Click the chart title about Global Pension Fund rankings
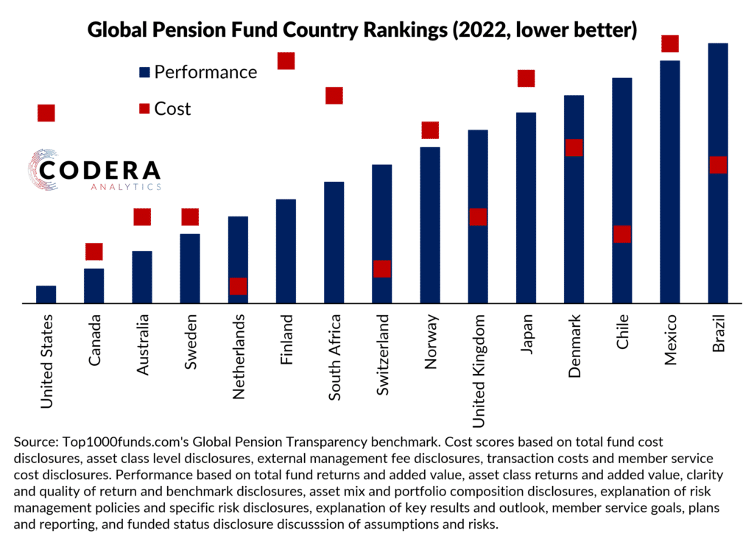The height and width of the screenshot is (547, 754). click(x=362, y=30)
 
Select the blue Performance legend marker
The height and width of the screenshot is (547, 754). click(x=144, y=72)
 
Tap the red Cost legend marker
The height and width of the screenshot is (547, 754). click(x=144, y=109)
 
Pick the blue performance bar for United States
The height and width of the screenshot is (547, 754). click(x=46, y=294)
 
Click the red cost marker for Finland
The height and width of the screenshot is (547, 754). click(x=286, y=61)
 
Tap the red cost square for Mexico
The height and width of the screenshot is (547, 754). click(x=669, y=43)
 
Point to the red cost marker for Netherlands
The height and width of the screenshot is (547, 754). click(x=238, y=286)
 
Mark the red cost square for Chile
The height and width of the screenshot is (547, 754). click(x=622, y=233)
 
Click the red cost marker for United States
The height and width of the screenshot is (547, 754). click(x=46, y=113)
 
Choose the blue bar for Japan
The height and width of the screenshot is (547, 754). click(x=526, y=207)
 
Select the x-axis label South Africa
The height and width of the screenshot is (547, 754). click(x=334, y=357)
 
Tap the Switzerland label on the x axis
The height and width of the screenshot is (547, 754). click(x=382, y=356)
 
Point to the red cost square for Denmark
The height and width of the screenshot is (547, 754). click(x=574, y=147)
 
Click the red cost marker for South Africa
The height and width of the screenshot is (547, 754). click(x=334, y=96)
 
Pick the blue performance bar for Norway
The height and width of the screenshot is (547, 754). click(x=430, y=225)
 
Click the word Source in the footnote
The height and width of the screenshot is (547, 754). click(x=33, y=442)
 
